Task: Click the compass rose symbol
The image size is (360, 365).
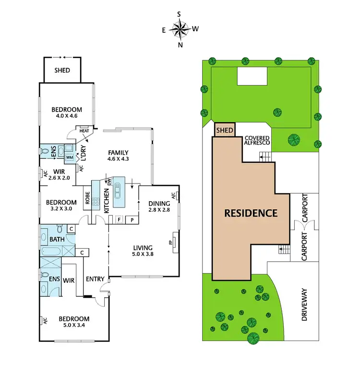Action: point(180,30)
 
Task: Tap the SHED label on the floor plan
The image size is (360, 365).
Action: point(62,71)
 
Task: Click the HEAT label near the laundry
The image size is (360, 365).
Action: point(84,131)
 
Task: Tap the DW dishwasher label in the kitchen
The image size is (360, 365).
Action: point(109,182)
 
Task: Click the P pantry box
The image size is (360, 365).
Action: point(132,220)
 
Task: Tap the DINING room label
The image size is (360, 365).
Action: point(159,203)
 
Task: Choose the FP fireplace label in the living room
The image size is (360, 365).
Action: point(170,242)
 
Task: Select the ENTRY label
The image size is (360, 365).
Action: point(95,279)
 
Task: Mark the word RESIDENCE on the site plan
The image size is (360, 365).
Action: point(251,213)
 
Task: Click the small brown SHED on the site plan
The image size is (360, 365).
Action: point(225,130)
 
